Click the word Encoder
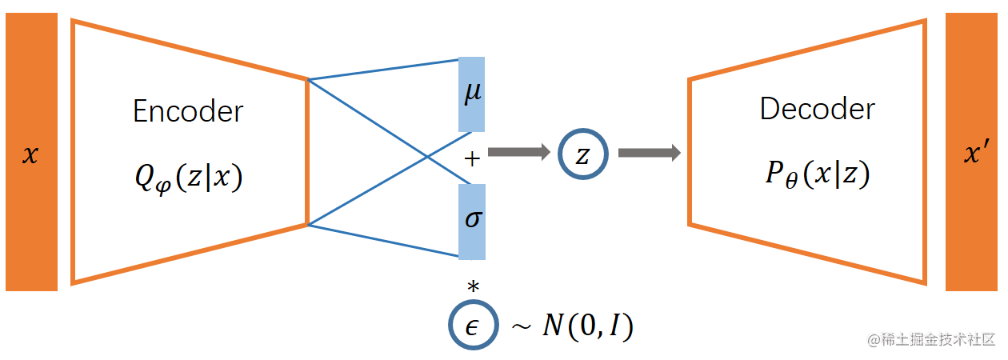189,112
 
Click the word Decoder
817,109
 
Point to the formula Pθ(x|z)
817,174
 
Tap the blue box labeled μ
472,94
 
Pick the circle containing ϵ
473,325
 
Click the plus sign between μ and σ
472,159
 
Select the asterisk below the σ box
473,286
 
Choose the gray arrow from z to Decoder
649,152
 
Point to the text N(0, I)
588,326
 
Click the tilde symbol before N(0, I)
521,327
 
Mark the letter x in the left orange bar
30,155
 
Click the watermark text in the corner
931,339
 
